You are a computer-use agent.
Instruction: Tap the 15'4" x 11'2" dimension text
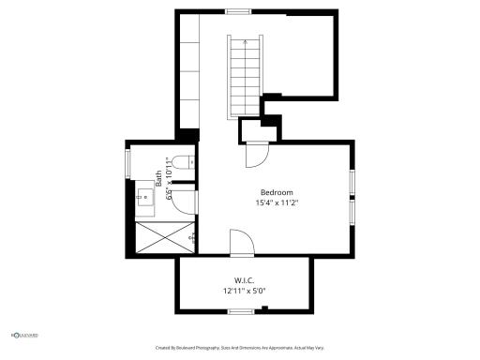coord(277,202)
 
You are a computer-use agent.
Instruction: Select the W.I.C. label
coord(245,280)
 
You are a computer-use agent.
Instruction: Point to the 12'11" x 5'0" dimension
coord(245,291)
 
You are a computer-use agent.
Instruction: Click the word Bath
coord(158,178)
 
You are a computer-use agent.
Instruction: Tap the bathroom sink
coord(145,196)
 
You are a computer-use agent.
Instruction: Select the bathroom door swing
coord(186,203)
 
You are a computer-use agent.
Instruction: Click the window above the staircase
coord(238,11)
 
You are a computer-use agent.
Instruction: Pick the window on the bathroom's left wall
coord(128,161)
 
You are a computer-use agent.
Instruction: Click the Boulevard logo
coord(24,334)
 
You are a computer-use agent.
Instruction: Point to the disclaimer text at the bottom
coord(240,347)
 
